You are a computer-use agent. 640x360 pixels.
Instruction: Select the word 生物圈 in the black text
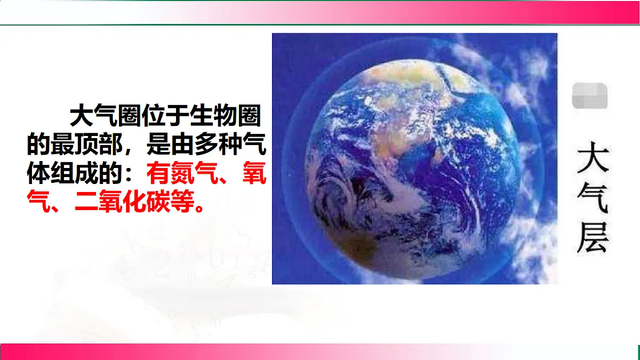click(x=226, y=116)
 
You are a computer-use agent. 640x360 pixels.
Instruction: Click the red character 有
click(x=159, y=173)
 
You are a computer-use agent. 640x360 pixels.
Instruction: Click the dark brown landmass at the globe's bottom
click(x=363, y=251)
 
